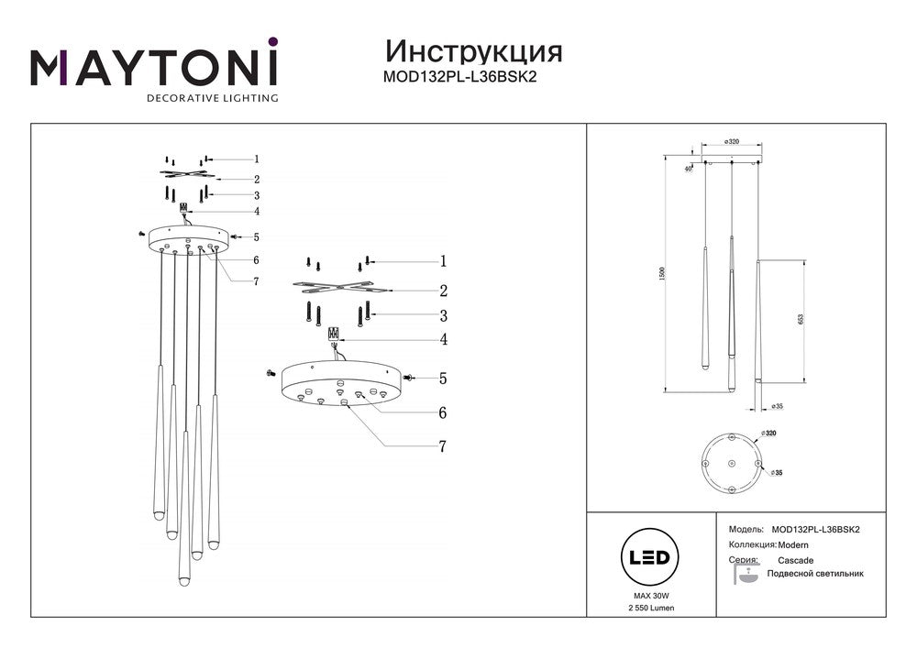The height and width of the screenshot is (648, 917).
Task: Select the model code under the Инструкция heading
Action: click(x=458, y=77)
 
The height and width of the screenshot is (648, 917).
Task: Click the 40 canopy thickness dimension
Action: click(x=689, y=169)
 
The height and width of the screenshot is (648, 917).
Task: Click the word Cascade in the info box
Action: click(x=796, y=559)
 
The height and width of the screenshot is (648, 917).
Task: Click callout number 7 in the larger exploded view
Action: click(x=442, y=446)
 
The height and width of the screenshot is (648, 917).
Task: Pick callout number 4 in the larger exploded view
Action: click(x=442, y=340)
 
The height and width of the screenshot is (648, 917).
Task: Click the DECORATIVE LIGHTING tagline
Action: click(x=213, y=97)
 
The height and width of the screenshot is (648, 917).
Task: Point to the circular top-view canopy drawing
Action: click(x=731, y=464)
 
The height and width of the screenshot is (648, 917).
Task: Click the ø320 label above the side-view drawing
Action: click(x=732, y=142)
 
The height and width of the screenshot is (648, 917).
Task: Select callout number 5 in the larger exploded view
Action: click(x=442, y=377)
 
